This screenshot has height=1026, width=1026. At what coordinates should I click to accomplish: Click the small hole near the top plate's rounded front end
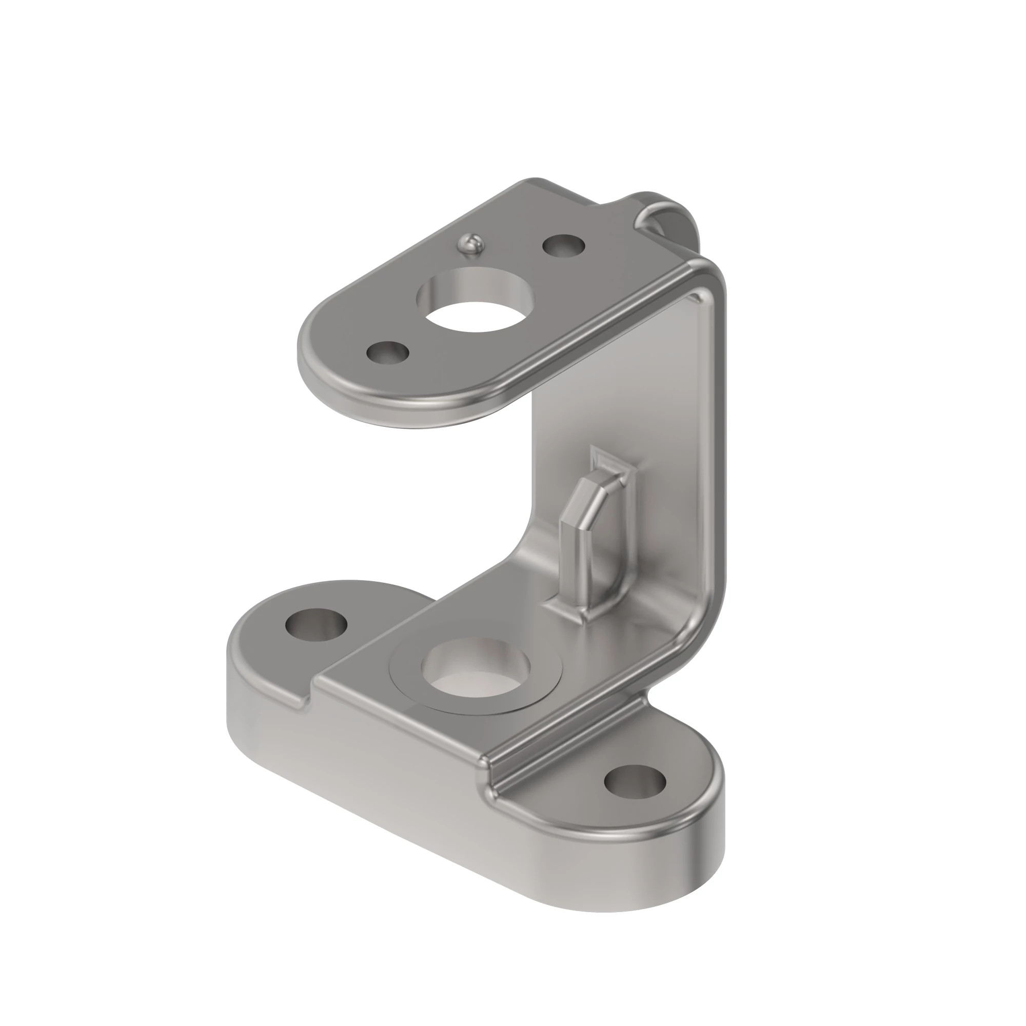(388, 352)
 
